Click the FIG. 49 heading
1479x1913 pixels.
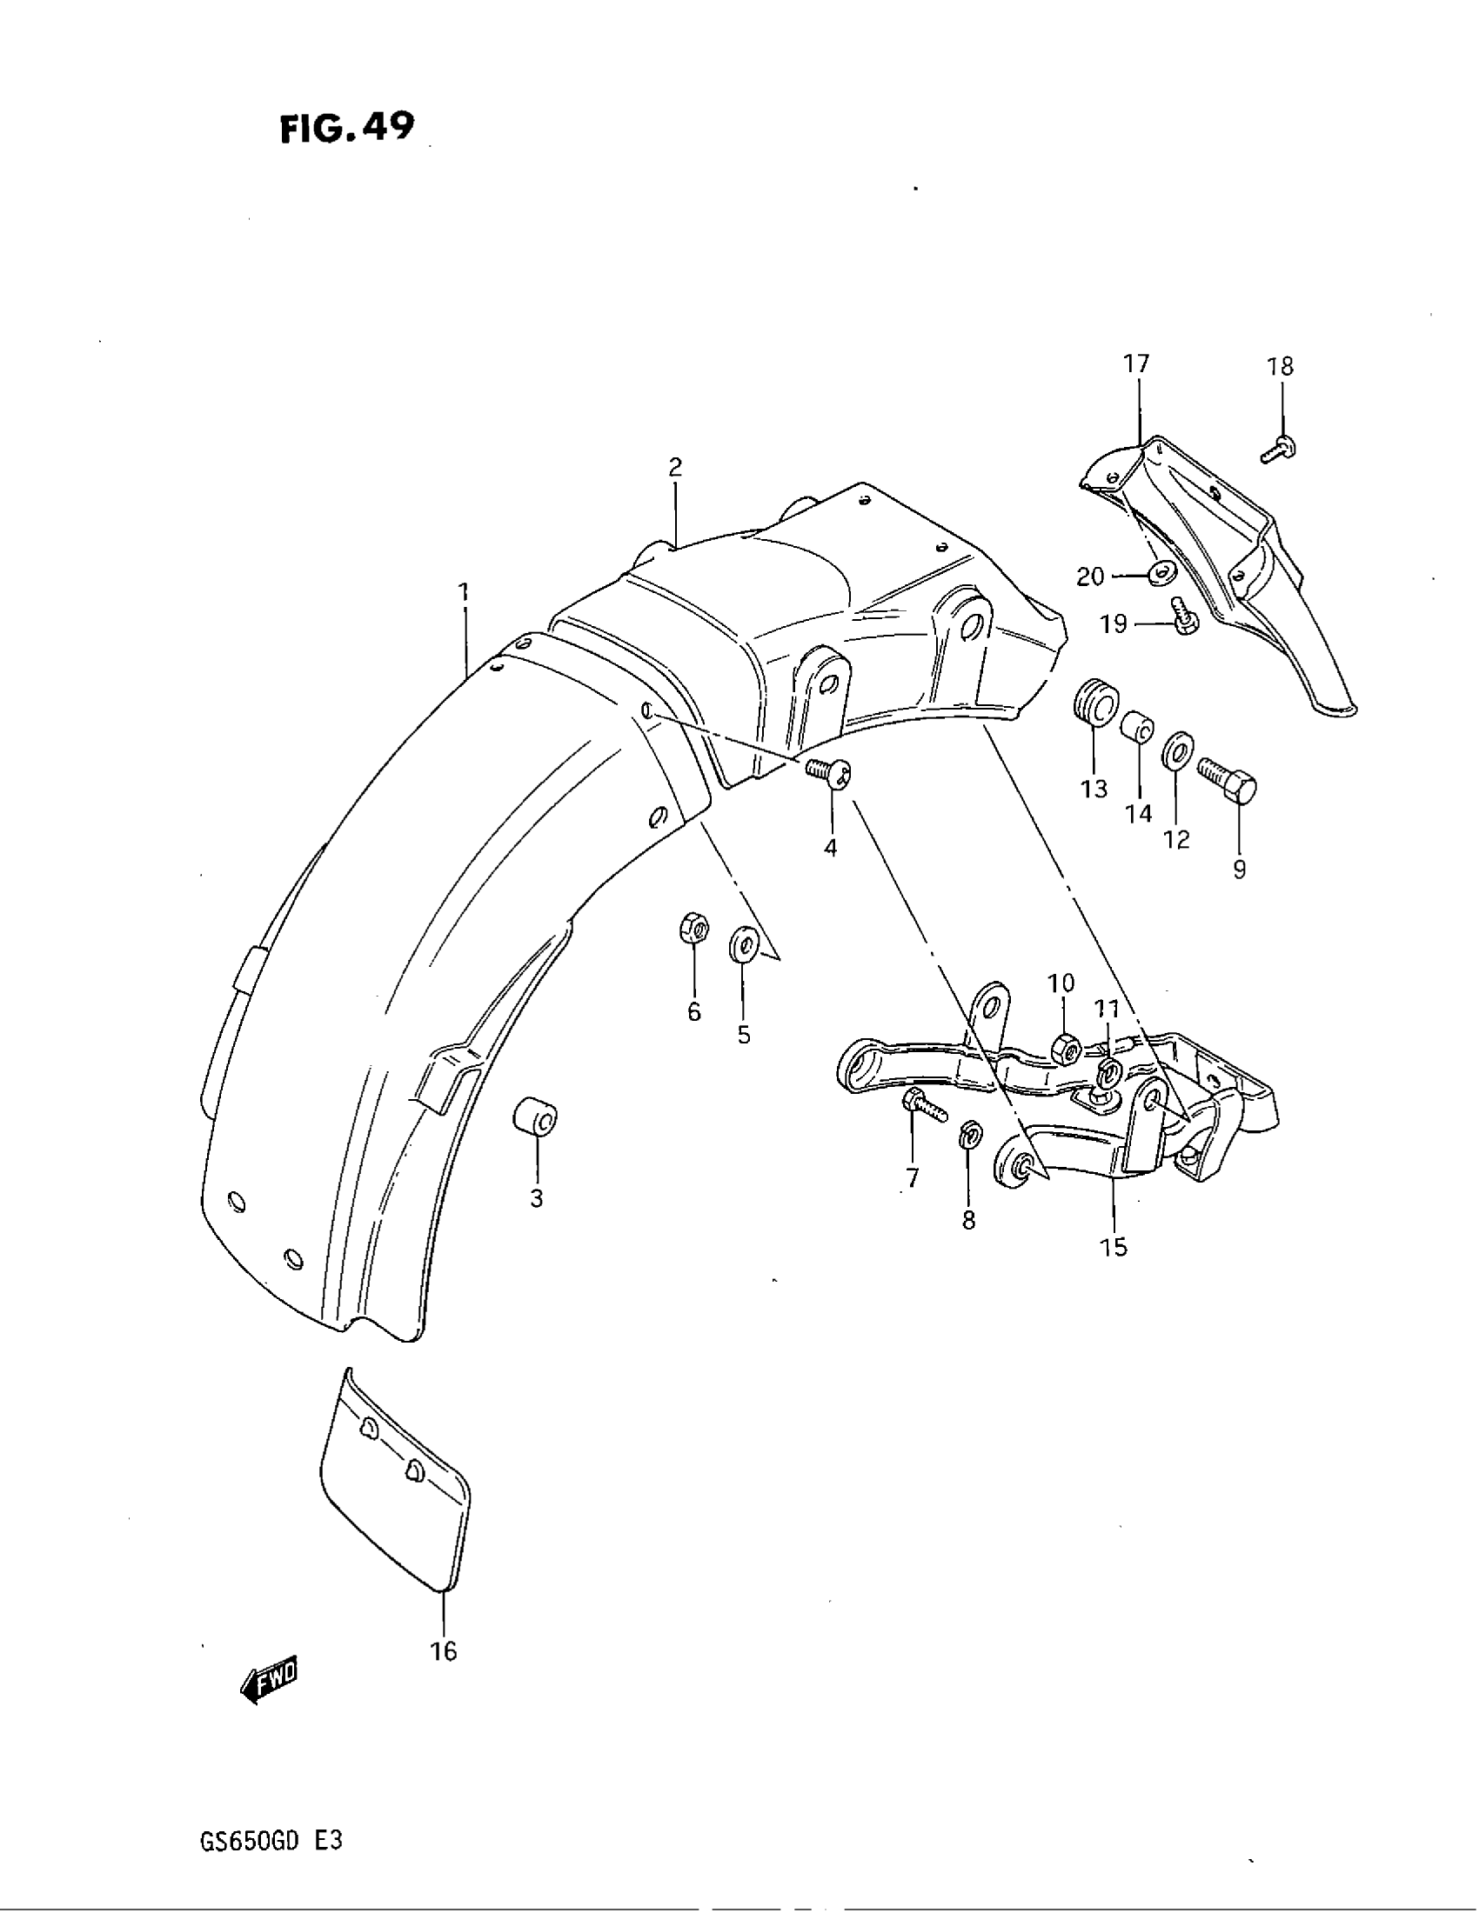pos(346,128)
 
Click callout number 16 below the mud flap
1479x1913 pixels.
pos(444,1651)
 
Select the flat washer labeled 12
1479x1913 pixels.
pos(1177,749)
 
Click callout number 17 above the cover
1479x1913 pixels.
pos(1136,363)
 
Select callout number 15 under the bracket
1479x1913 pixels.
pos(1114,1246)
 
